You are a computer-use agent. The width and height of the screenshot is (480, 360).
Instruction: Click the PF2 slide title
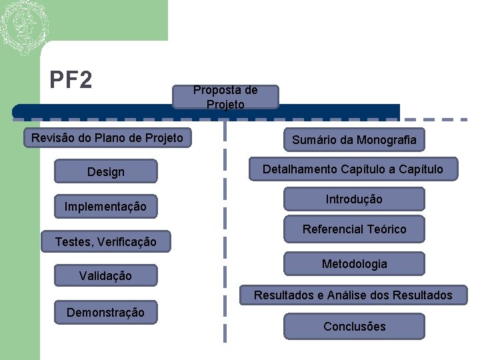click(71, 80)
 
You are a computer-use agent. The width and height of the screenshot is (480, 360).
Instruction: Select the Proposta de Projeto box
click(225, 97)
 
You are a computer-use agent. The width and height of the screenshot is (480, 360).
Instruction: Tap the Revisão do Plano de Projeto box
click(107, 138)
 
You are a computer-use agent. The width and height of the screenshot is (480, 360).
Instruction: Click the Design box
click(105, 171)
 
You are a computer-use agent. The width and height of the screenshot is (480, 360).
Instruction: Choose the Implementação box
click(105, 207)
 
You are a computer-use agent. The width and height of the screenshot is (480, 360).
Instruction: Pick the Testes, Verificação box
click(105, 241)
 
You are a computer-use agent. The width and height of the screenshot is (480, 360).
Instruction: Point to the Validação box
click(105, 275)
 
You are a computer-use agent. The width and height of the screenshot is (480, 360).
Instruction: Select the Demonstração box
click(105, 312)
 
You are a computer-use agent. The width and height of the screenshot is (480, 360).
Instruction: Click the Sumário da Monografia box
click(354, 139)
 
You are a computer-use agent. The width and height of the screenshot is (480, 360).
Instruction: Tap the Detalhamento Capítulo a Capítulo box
click(353, 169)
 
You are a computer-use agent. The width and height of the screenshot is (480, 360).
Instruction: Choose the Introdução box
click(354, 199)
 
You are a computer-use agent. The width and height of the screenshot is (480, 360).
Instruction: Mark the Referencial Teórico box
click(354, 229)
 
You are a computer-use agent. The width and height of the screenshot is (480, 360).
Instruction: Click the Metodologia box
click(354, 264)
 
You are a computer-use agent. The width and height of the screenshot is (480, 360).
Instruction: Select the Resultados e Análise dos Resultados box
click(353, 295)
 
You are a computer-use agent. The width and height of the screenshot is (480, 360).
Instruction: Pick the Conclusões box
click(354, 326)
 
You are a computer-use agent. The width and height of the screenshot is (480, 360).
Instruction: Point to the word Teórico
click(385, 229)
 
